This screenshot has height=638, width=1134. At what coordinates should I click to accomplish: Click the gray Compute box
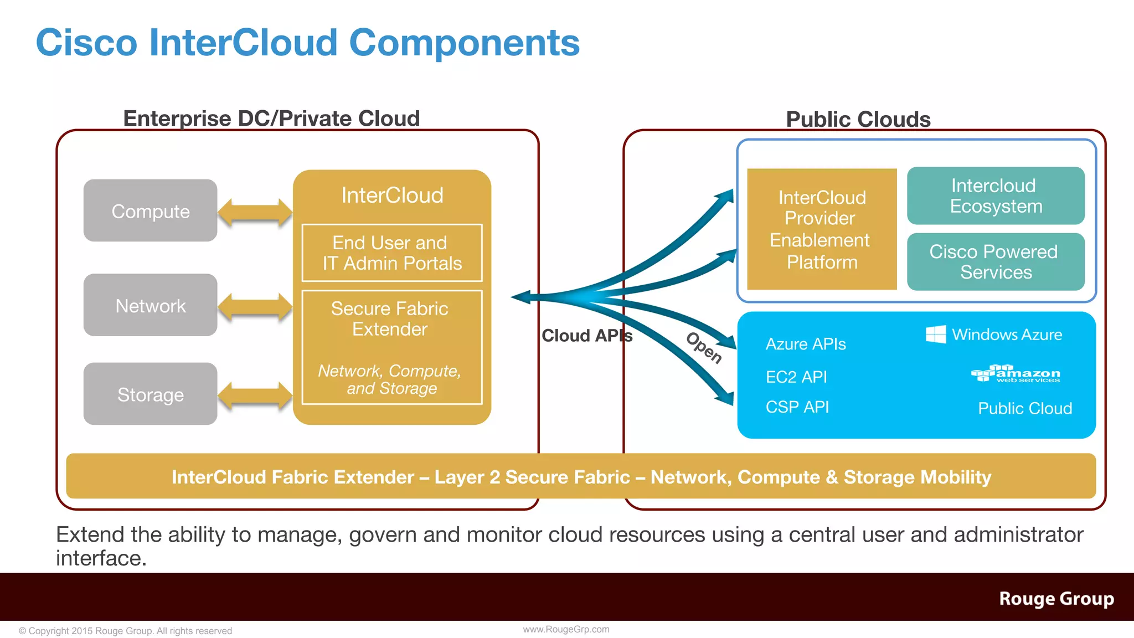pyautogui.click(x=150, y=210)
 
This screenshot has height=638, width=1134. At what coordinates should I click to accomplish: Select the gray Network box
pyautogui.click(x=150, y=305)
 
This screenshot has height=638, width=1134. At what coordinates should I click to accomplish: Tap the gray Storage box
pyautogui.click(x=150, y=394)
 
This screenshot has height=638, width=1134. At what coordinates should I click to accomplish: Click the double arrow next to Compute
pyautogui.click(x=255, y=212)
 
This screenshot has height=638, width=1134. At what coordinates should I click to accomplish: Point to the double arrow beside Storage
pyautogui.click(x=255, y=395)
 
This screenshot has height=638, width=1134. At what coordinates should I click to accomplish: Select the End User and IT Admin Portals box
pyautogui.click(x=391, y=253)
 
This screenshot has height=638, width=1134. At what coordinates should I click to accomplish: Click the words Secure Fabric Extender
pyautogui.click(x=390, y=318)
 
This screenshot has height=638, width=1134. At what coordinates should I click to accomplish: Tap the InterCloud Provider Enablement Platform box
pyautogui.click(x=822, y=229)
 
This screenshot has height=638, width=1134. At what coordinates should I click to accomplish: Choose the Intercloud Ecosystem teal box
pyautogui.click(x=996, y=195)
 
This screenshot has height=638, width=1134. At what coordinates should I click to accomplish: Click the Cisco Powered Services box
pyautogui.click(x=996, y=261)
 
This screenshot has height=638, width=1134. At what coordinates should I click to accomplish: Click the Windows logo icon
pyautogui.click(x=936, y=335)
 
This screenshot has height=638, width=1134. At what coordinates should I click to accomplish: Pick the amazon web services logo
pyautogui.click(x=1016, y=374)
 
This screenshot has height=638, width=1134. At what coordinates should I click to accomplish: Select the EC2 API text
pyautogui.click(x=796, y=377)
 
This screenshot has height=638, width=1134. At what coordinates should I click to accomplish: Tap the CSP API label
pyautogui.click(x=797, y=407)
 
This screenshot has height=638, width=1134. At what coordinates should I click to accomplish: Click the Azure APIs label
pyautogui.click(x=806, y=344)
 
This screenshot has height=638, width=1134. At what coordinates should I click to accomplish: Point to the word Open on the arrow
pyautogui.click(x=704, y=348)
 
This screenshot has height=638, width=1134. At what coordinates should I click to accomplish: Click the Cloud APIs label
pyautogui.click(x=586, y=336)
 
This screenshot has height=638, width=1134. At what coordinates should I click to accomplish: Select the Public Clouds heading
pyautogui.click(x=858, y=120)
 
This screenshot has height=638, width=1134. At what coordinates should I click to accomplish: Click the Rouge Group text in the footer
pyautogui.click(x=1056, y=599)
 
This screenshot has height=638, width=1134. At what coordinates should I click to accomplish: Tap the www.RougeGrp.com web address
pyautogui.click(x=566, y=629)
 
